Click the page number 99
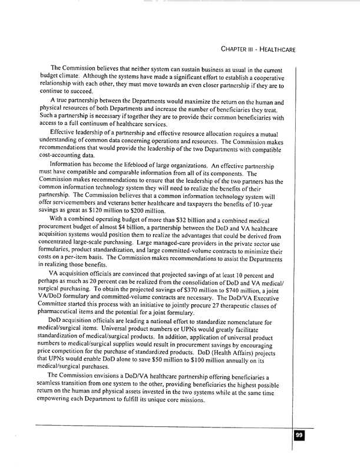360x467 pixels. (299, 435)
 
